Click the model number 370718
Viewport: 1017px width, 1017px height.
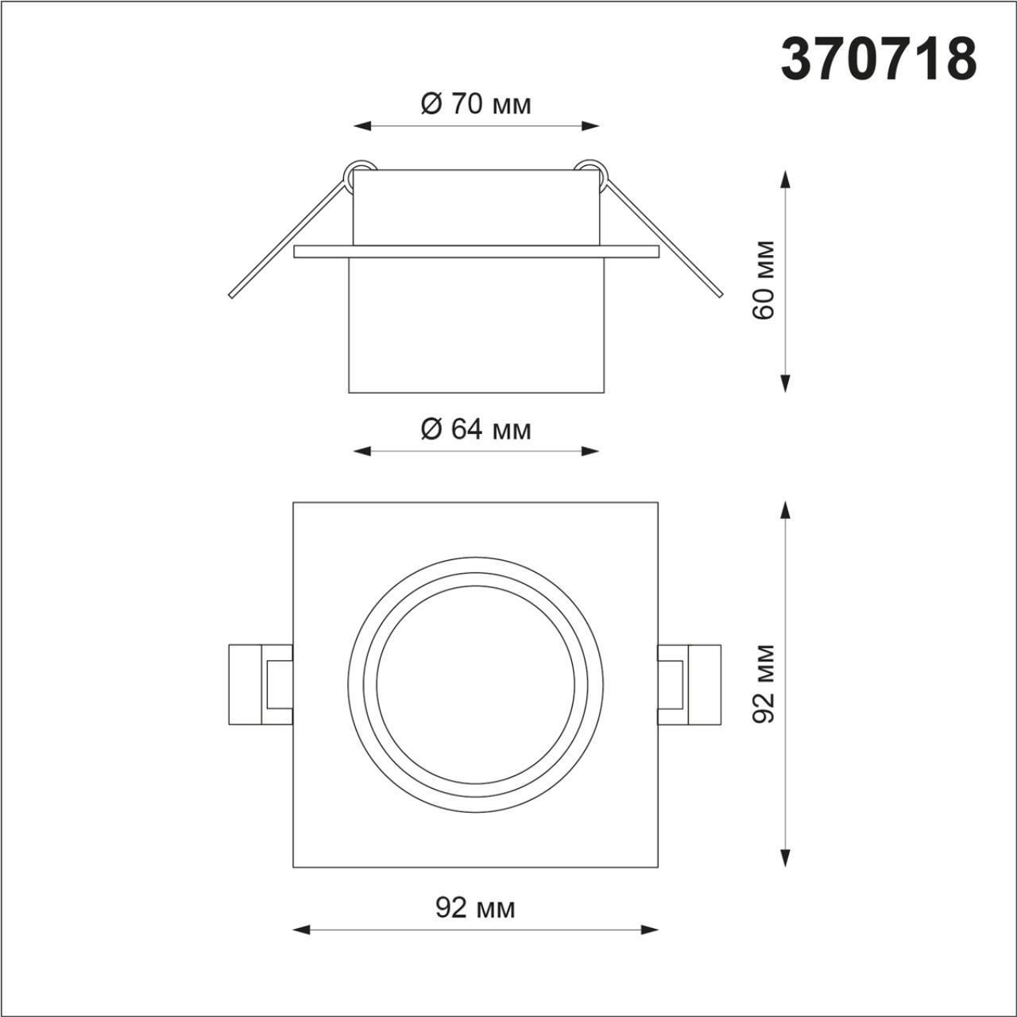878,60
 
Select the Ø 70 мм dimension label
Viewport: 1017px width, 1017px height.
475,103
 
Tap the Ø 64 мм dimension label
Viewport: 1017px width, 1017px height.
475,429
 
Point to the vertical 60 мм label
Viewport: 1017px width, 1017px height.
764,279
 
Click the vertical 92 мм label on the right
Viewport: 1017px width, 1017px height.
764,683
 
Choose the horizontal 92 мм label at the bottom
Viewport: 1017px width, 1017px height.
475,907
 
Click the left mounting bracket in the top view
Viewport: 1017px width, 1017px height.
260,684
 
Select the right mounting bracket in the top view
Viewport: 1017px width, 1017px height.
690,684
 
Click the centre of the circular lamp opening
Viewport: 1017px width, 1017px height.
475,684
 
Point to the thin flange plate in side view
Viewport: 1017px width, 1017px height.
476,252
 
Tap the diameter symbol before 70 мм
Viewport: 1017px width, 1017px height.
431,103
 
